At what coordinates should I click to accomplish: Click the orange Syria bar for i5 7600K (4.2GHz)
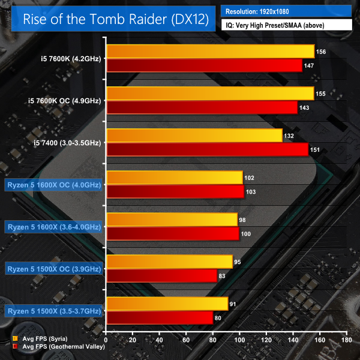tap(210, 52)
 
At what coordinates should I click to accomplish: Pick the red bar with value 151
tap(207, 150)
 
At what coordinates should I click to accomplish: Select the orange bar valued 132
tap(194, 136)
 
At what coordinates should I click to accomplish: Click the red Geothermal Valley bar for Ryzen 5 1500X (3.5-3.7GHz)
tap(160, 318)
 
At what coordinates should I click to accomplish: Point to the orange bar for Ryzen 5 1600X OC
tap(174, 178)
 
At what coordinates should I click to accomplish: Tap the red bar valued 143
tap(202, 108)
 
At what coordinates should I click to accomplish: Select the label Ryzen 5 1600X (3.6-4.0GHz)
tap(54, 227)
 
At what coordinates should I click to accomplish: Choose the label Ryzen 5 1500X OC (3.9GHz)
tap(54, 269)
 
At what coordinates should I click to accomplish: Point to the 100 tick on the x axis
tap(241, 340)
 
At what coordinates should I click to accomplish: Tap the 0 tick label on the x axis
tap(106, 340)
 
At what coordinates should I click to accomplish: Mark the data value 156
tap(321, 52)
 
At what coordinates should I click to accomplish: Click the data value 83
tap(222, 276)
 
